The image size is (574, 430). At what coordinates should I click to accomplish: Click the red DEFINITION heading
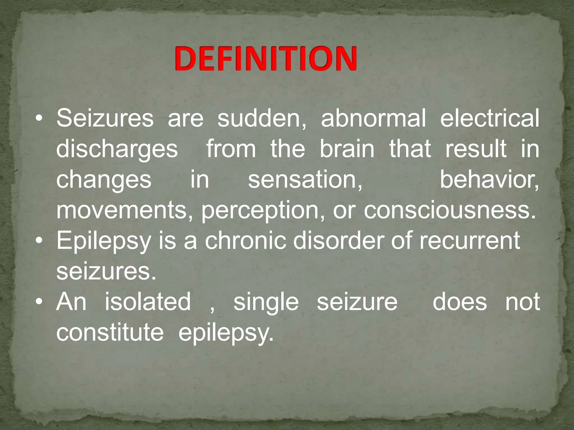tap(266, 59)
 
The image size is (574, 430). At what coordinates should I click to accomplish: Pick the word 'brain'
tap(347, 149)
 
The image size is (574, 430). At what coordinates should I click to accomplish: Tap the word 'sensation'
tap(305, 180)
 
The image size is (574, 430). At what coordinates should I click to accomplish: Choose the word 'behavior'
tap(489, 180)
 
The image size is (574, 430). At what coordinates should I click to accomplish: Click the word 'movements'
tap(124, 211)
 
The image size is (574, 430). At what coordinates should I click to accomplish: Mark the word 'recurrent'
tap(469, 241)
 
